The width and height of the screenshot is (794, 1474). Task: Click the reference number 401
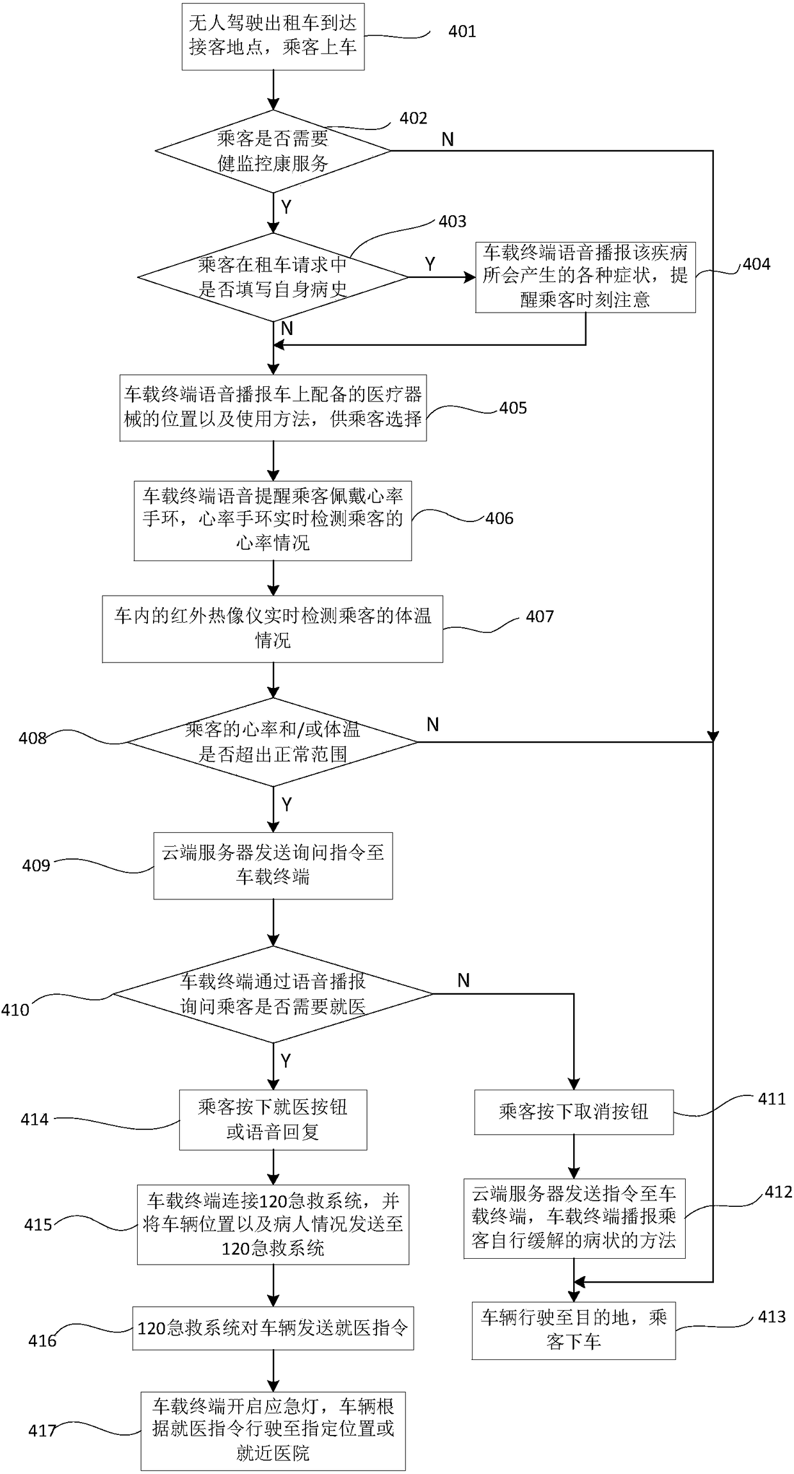click(462, 31)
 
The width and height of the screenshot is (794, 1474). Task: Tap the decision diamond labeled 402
click(273, 151)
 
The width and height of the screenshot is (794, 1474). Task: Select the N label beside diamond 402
click(448, 139)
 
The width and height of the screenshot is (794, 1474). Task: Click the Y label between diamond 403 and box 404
click(430, 264)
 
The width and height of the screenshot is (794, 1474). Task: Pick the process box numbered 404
click(585, 277)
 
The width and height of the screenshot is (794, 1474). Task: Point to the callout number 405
click(513, 408)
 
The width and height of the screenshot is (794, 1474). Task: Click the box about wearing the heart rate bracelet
click(273, 521)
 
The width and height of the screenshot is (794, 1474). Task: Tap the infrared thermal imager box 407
click(273, 629)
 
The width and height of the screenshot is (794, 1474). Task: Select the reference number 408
click(33, 738)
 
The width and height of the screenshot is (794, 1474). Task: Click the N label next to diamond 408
click(433, 725)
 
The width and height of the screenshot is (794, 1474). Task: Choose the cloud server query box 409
click(273, 865)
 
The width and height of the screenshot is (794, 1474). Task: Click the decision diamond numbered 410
click(273, 994)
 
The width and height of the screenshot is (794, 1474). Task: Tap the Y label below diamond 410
click(286, 1061)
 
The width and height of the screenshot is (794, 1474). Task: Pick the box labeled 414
click(273, 1120)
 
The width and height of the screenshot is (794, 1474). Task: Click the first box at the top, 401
click(273, 37)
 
